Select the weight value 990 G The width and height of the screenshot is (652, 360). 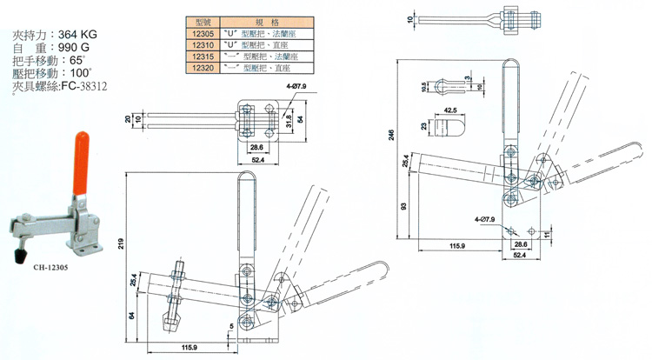coord(85,49)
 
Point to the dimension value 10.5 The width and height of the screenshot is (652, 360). coord(422,88)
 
